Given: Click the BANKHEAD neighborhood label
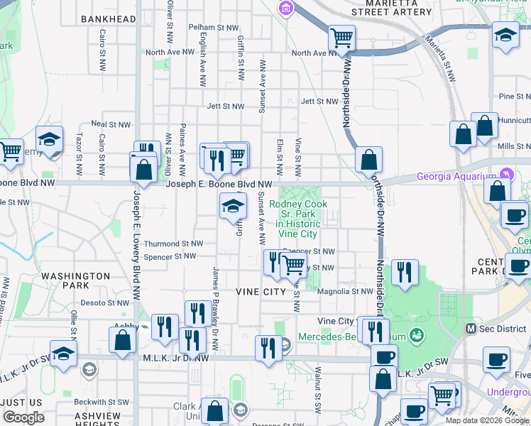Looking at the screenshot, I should [109, 19].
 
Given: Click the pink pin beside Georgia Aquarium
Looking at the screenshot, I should [505, 173].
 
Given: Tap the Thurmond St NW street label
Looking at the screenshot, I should [168, 244].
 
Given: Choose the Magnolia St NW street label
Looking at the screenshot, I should [345, 291].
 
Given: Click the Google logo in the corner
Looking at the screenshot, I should [23, 417].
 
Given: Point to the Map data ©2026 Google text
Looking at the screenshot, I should [488, 420].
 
